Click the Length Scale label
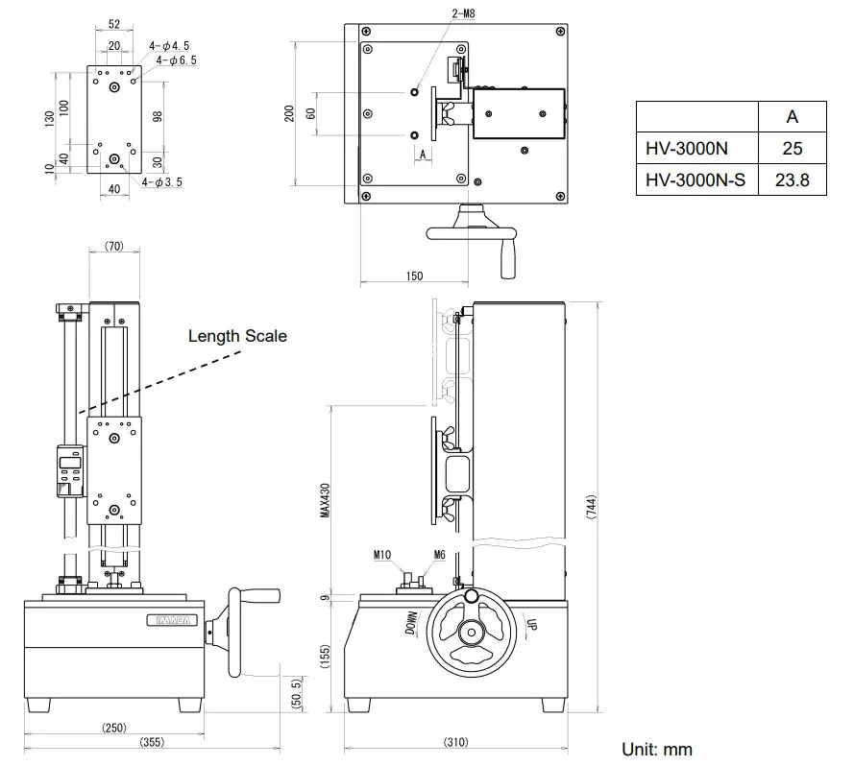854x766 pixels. point(237,336)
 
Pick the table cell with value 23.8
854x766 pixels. point(792,180)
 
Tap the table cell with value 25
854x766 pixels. point(792,149)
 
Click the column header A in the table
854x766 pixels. point(792,117)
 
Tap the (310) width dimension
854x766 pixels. point(457,741)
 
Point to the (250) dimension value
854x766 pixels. point(114,727)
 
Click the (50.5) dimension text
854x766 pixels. point(297,691)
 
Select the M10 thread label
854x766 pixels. point(381,554)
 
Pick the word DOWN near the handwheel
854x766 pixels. point(412,624)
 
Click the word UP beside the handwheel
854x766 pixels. point(528,626)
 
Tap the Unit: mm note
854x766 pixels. point(656,749)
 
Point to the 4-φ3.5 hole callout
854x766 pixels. point(160,181)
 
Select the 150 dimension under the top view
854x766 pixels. point(413,276)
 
